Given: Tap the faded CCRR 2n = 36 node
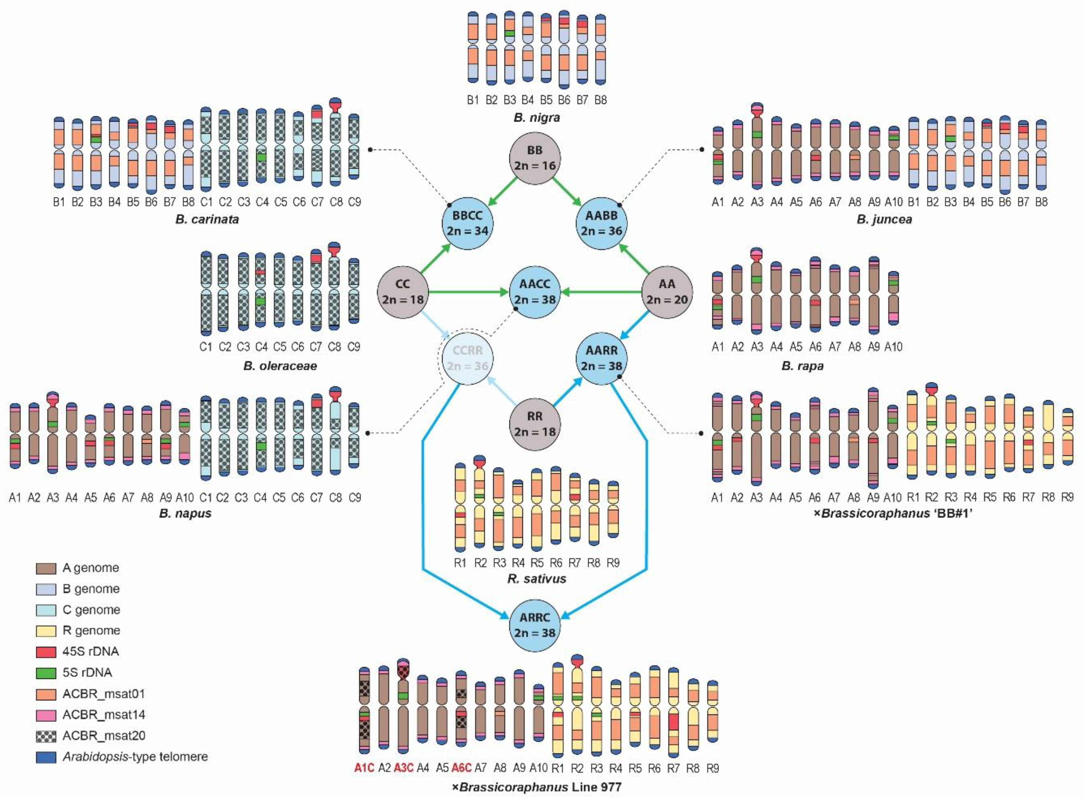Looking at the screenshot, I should pyautogui.click(x=467, y=358).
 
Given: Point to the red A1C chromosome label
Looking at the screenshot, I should pyautogui.click(x=364, y=768).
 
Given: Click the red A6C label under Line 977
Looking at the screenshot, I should pyautogui.click(x=461, y=768).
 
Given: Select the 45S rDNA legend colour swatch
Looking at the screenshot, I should pyautogui.click(x=46, y=652).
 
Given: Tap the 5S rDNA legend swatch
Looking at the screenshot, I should pyautogui.click(x=46, y=673).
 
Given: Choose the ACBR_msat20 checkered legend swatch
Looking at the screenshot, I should pyautogui.click(x=46, y=736).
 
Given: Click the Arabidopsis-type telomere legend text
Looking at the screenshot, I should pyautogui.click(x=135, y=757).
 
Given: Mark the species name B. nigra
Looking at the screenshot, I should pyautogui.click(x=537, y=117).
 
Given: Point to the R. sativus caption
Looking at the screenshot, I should pyautogui.click(x=537, y=578).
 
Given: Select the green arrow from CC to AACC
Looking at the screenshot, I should pyautogui.click(x=468, y=292).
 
